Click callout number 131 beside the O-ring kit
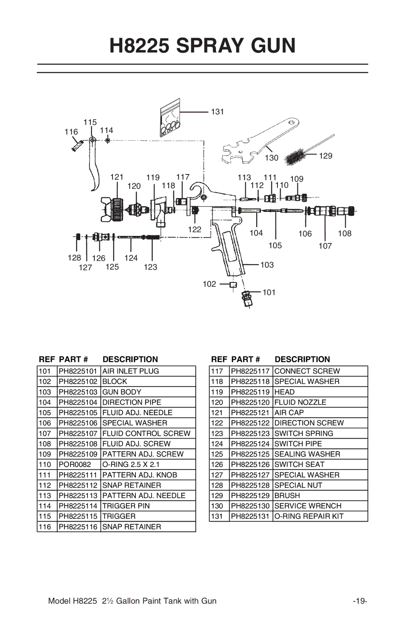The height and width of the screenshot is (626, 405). coord(217,111)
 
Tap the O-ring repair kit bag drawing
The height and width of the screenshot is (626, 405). coord(169,118)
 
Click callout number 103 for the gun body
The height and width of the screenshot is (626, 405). coord(267,265)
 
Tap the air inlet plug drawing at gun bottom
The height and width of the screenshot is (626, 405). coord(247,299)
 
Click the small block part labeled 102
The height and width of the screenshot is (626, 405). coord(233,285)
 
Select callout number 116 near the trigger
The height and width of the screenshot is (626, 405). coord(71,132)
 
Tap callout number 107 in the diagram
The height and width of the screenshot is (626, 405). coord(325,246)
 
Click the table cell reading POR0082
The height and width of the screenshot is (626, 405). coord(75,464)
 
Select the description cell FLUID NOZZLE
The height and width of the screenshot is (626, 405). coord(300,402)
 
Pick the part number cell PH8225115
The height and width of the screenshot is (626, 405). coord(78,516)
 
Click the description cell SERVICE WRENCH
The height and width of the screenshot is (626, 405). coord(307,506)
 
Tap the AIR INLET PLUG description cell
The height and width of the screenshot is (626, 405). coord(130,371)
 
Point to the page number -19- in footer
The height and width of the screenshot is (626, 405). coord(360,601)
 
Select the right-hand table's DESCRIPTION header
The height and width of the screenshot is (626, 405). coord(302,359)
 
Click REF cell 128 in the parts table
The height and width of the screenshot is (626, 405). coord(217,485)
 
